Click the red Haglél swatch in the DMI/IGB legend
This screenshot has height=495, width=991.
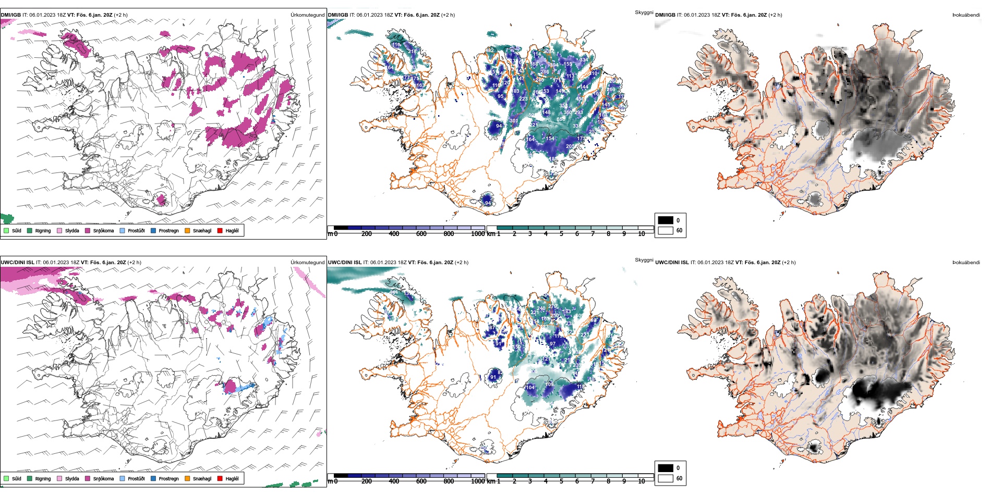click(x=220, y=230)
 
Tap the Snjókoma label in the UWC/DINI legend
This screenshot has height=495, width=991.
click(x=103, y=478)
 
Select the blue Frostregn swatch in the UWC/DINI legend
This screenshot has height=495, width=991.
click(x=153, y=478)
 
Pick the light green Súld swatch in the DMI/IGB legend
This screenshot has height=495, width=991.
click(x=6, y=230)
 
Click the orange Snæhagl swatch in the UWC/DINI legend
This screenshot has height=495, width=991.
click(x=187, y=478)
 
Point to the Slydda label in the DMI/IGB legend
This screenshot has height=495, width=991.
click(x=72, y=230)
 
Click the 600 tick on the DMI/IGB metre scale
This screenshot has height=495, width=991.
click(x=421, y=234)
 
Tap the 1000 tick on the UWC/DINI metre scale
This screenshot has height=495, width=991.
click(x=478, y=481)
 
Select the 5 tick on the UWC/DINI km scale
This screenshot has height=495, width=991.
click(x=561, y=481)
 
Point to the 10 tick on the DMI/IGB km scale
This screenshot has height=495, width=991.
click(x=641, y=234)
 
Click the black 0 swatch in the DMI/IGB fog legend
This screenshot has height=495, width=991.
click(x=666, y=220)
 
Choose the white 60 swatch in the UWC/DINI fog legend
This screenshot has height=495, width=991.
click(x=666, y=478)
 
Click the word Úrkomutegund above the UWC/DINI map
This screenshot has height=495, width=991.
click(x=307, y=262)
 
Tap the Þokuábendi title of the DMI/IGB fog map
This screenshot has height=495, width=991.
click(x=966, y=15)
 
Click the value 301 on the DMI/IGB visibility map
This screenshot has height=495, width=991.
click(x=514, y=121)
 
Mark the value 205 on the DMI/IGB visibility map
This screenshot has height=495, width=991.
click(x=570, y=146)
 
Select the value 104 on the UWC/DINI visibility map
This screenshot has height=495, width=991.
click(x=530, y=388)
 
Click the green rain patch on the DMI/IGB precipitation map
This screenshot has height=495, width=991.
click(x=7, y=218)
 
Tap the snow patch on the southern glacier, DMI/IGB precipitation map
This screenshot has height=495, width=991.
click(x=161, y=200)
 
